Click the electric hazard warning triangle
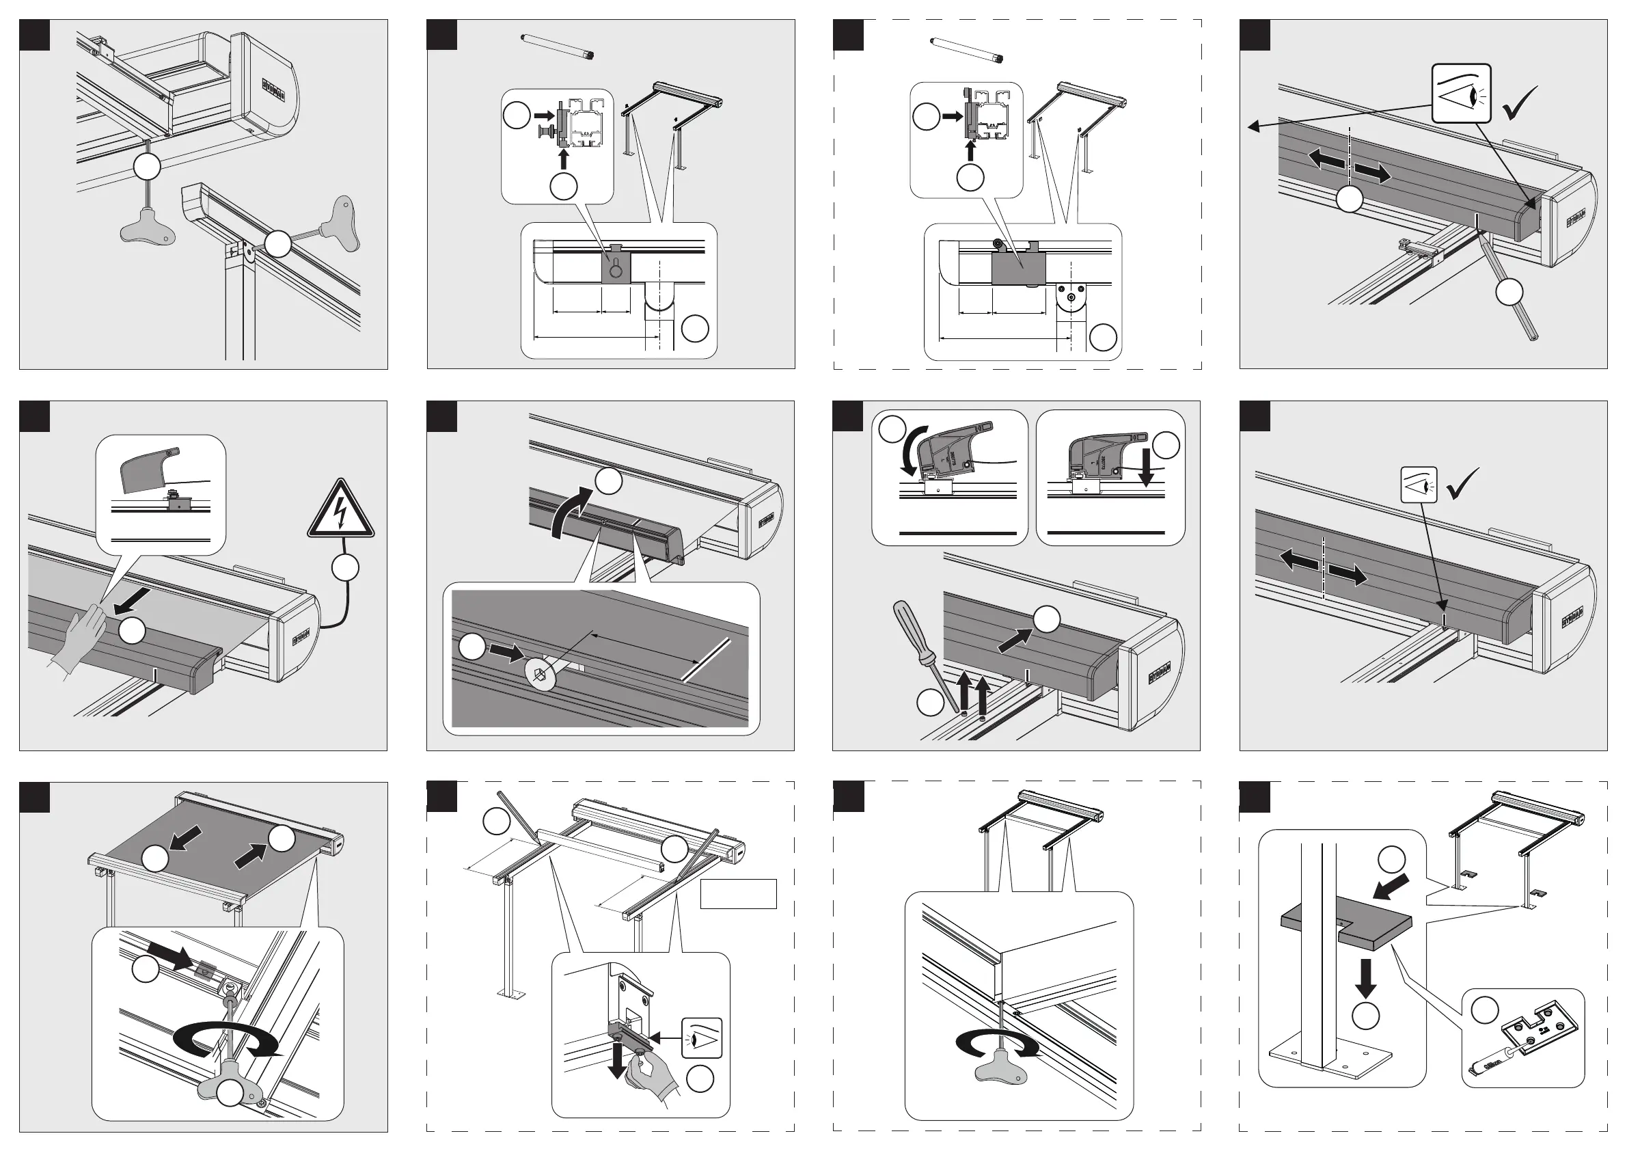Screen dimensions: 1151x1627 coord(341,511)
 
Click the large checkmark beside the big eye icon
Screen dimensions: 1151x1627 coord(1519,103)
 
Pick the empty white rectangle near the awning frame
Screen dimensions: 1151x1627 coord(739,894)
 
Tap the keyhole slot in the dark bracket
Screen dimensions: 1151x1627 coord(615,268)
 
